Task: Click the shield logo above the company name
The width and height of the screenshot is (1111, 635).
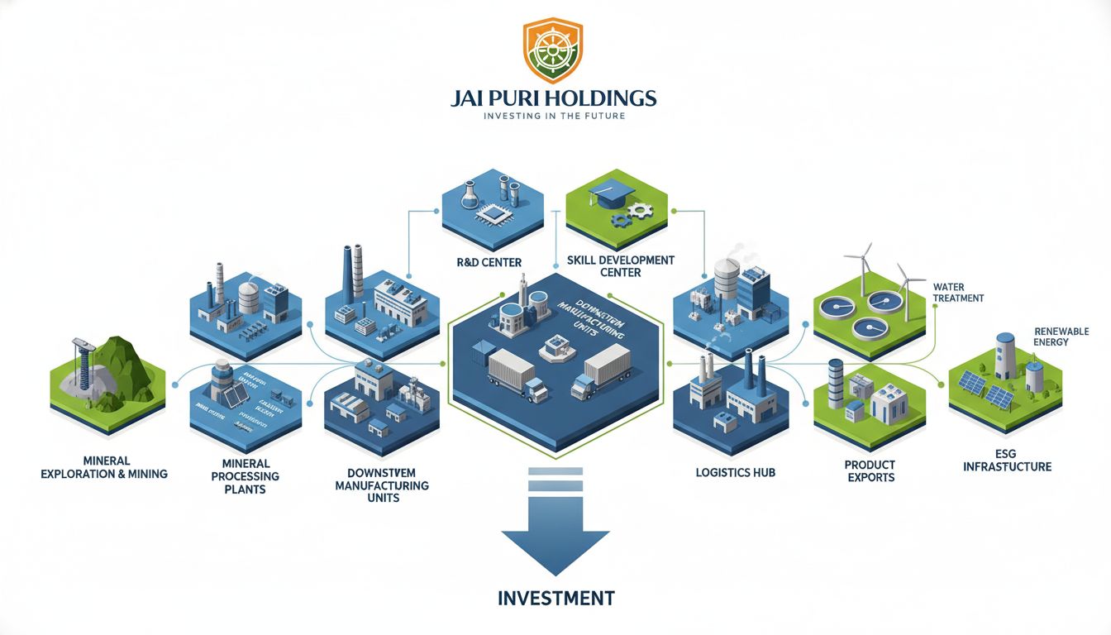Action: point(553,51)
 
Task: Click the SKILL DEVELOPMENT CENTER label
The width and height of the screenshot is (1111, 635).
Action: point(621,266)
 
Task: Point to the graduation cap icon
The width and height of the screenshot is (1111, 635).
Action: point(611,194)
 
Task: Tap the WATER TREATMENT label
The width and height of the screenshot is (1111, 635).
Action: point(958,293)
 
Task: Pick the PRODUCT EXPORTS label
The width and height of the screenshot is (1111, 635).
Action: point(870,471)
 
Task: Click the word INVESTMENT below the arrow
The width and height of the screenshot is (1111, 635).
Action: point(556,598)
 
